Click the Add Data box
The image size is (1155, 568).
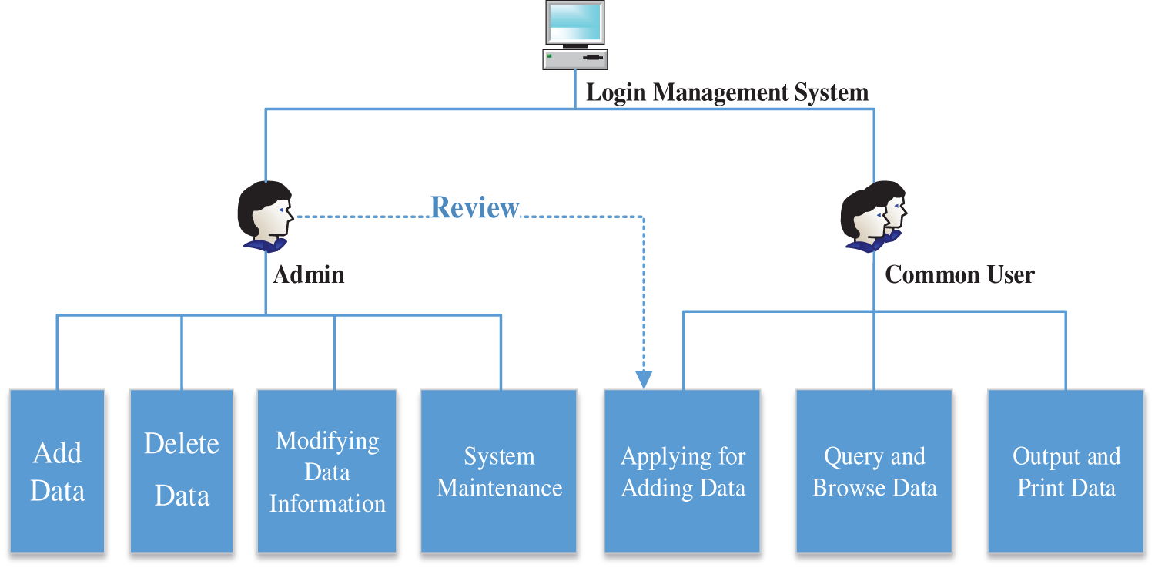57,471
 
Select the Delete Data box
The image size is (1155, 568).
182,471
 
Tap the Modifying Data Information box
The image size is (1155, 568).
327,471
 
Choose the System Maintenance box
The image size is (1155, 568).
499,471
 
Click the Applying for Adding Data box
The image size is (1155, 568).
682,471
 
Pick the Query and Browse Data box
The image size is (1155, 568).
874,471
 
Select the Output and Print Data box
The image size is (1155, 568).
1066,471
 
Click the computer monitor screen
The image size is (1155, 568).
574,23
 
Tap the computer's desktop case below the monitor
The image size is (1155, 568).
574,59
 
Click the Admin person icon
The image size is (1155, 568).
266,217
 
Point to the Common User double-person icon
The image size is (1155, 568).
873,217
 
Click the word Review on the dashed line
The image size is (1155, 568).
475,207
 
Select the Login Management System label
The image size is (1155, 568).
727,93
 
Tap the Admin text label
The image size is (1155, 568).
309,274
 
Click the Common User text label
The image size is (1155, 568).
959,274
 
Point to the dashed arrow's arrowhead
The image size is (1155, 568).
644,380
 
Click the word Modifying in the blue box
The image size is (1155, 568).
327,441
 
